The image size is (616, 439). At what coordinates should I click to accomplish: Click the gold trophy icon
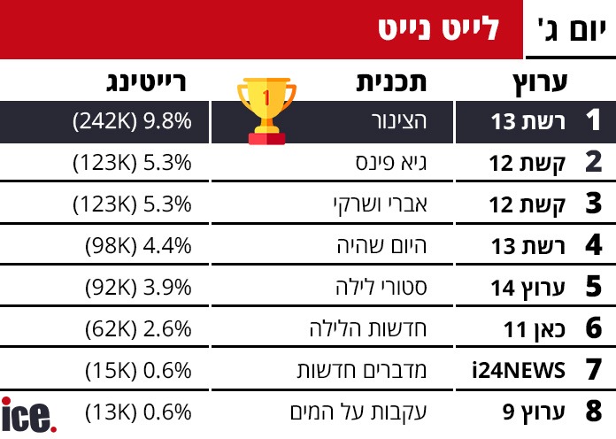coord(267,111)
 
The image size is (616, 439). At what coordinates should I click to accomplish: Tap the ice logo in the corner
coord(28,415)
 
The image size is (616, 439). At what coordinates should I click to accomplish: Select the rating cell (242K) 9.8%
coord(133,122)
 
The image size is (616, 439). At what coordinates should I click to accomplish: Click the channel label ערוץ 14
coord(528,288)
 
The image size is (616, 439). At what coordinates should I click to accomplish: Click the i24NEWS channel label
coord(520,371)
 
